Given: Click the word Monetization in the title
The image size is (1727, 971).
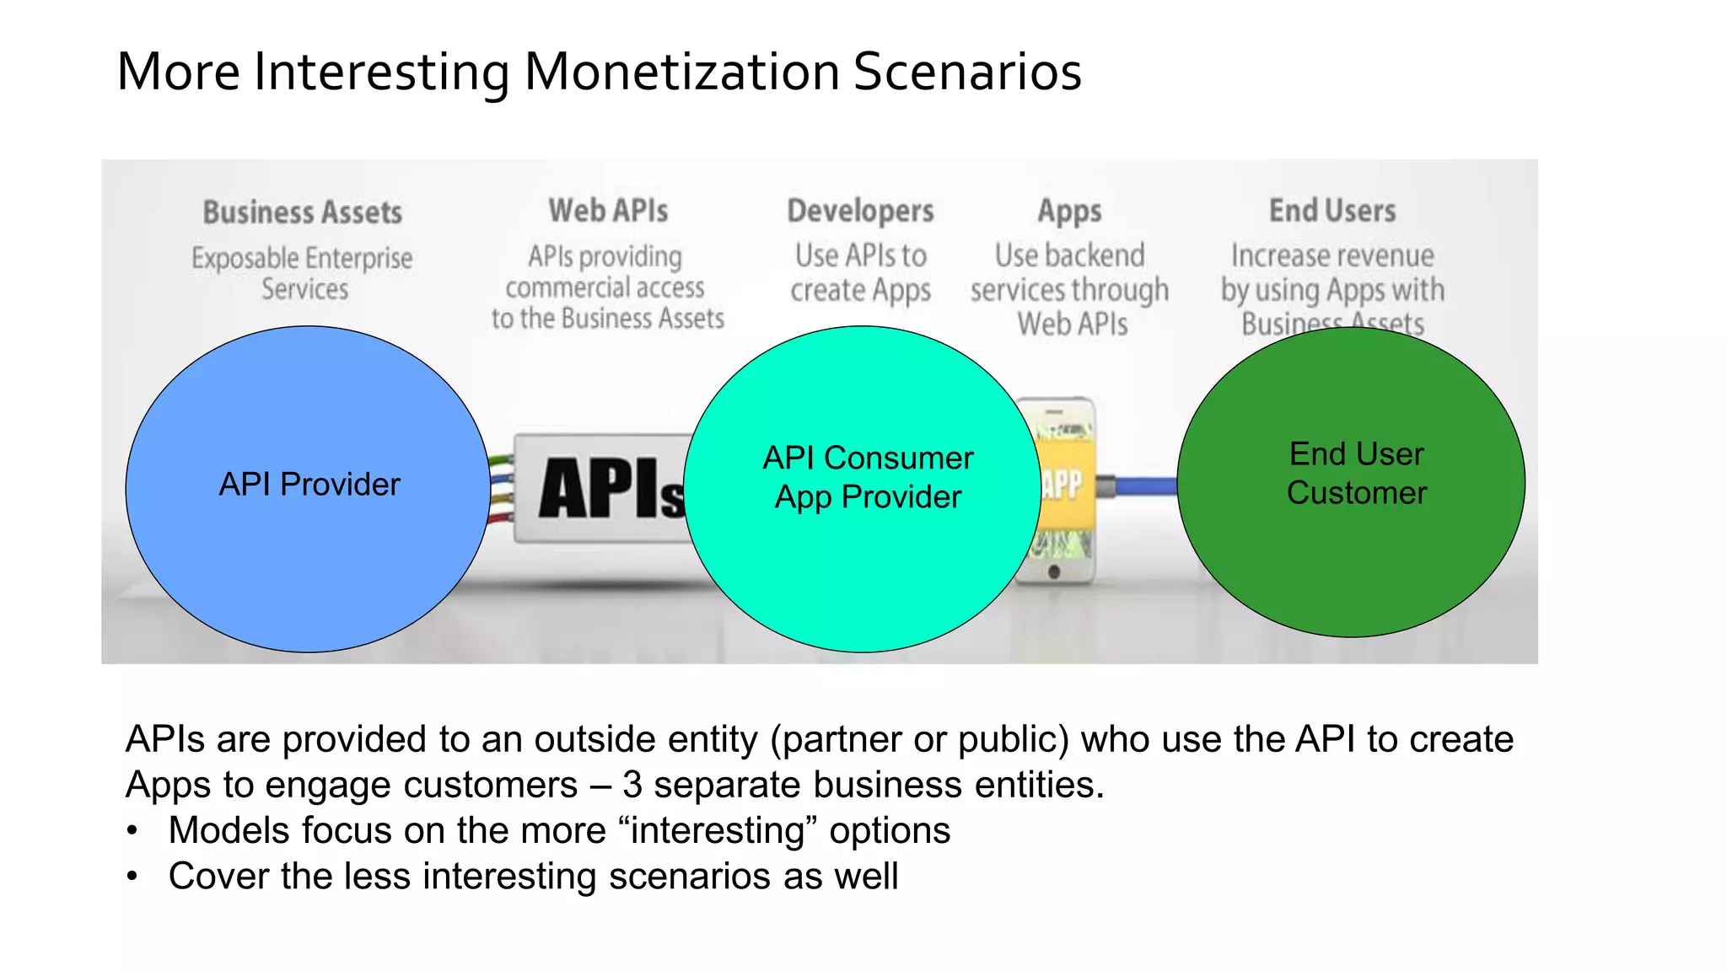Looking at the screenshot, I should [x=681, y=72].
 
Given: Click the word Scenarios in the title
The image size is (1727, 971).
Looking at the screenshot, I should [x=967, y=72].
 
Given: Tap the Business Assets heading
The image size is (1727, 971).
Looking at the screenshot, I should [x=303, y=212].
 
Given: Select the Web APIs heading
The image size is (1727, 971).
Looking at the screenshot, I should [x=608, y=211].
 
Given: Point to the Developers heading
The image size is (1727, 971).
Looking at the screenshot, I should [x=860, y=211].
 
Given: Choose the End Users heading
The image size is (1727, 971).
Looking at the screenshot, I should [x=1332, y=211].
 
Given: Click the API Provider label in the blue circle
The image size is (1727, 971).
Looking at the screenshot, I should [x=309, y=485].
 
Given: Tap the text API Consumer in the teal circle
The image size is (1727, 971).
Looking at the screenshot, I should [x=868, y=458].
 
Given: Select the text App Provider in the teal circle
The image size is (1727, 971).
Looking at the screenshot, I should [x=868, y=497].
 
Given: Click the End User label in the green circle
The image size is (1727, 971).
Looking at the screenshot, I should [x=1356, y=454].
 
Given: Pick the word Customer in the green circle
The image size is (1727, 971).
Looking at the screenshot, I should [x=1356, y=493].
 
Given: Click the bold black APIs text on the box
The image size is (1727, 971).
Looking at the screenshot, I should [x=609, y=489].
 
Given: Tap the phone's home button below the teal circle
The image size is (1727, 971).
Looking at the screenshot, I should [x=1054, y=572].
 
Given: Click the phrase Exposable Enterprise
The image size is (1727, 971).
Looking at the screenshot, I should [x=302, y=258].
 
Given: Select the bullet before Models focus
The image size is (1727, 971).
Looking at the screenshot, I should [x=132, y=831].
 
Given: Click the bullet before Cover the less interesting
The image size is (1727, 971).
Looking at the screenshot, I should [x=132, y=877].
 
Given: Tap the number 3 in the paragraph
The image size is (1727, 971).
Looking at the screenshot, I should [x=632, y=785].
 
